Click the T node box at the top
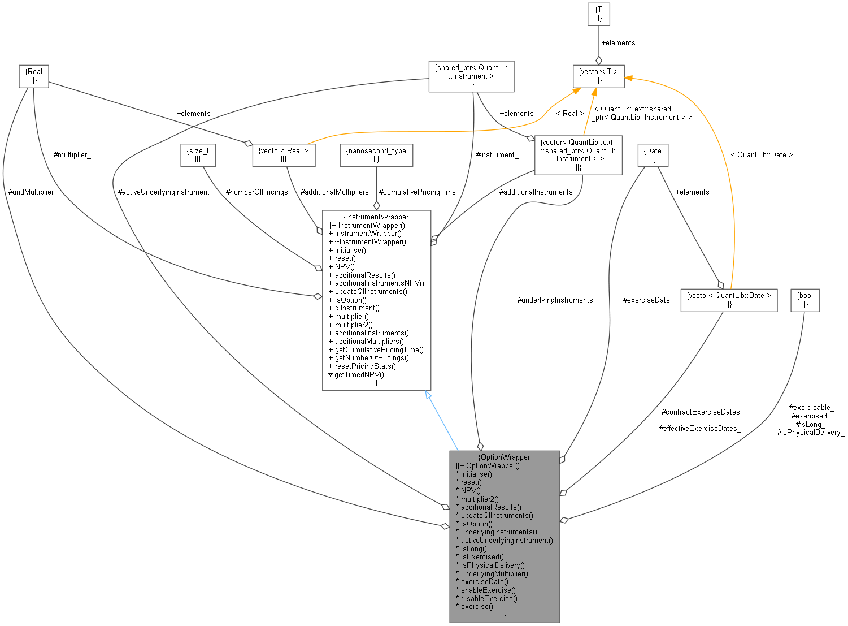[599, 14]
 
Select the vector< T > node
[599, 76]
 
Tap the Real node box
[33, 76]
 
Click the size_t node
[198, 155]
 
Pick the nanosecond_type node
[376, 155]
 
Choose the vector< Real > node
[284, 155]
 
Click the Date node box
[653, 155]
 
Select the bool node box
[805, 300]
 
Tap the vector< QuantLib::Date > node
[728, 300]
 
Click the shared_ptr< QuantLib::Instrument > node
[471, 76]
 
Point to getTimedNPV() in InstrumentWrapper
[359, 374]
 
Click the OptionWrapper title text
[504, 457]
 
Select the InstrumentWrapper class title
[376, 217]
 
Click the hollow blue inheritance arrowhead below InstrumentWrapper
[429, 395]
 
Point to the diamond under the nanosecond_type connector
[376, 207]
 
